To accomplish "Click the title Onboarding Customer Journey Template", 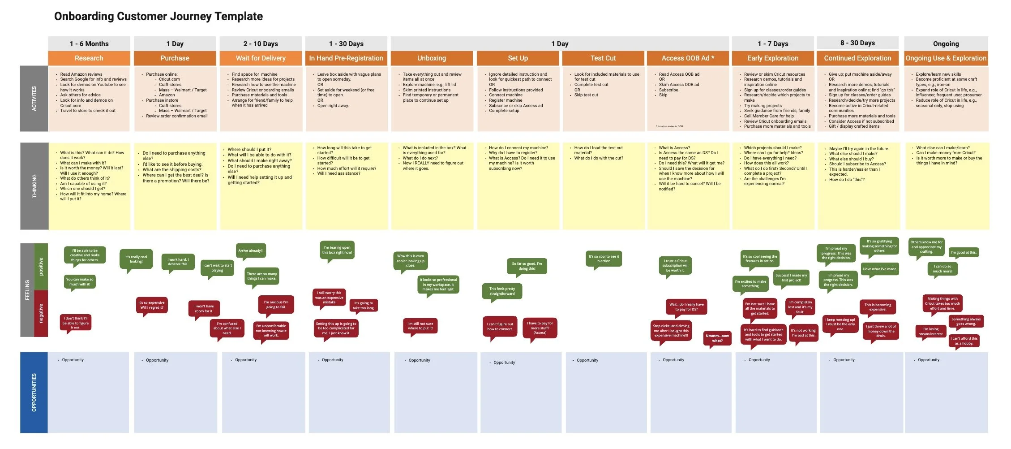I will tap(159, 17).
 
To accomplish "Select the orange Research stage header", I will tap(89, 58).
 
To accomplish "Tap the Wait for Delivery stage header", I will tap(261, 58).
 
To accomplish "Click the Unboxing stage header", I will tap(432, 58).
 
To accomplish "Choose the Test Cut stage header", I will tap(603, 58).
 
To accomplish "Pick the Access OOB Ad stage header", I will tap(688, 58).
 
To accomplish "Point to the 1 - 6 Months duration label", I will tap(89, 44).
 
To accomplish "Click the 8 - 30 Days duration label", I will tap(857, 43).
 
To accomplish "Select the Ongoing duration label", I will tap(946, 44).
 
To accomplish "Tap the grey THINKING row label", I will tap(34, 186).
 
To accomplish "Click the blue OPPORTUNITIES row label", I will tap(34, 393).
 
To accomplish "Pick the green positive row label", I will tap(41, 267).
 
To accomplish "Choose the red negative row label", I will tap(41, 313).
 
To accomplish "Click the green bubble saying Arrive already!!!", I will tap(251, 251).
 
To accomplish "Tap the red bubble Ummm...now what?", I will tap(717, 338).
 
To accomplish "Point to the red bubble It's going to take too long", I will tap(364, 305).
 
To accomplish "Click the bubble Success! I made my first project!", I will tap(791, 278).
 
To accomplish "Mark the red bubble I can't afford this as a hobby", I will tap(965, 341).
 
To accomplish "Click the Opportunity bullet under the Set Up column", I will tap(504, 363).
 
